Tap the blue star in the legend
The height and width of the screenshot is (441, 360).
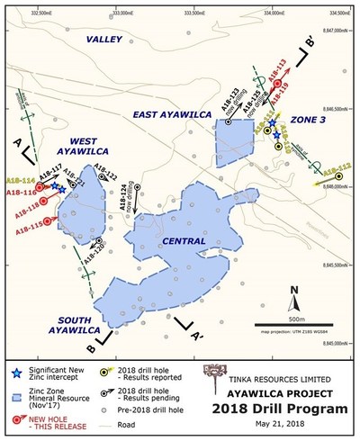coord(17,371)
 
